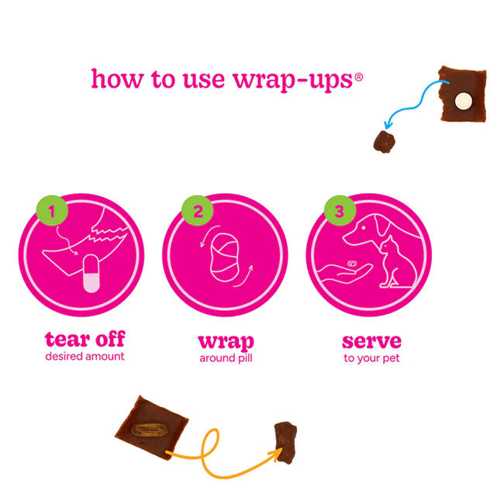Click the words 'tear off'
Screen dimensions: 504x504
coord(85,340)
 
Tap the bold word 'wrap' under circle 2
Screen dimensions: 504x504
coord(226,341)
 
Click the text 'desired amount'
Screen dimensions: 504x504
coord(85,357)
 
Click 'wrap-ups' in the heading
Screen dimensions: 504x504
coord(299,80)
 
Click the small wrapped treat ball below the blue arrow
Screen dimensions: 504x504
coord(383,141)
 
